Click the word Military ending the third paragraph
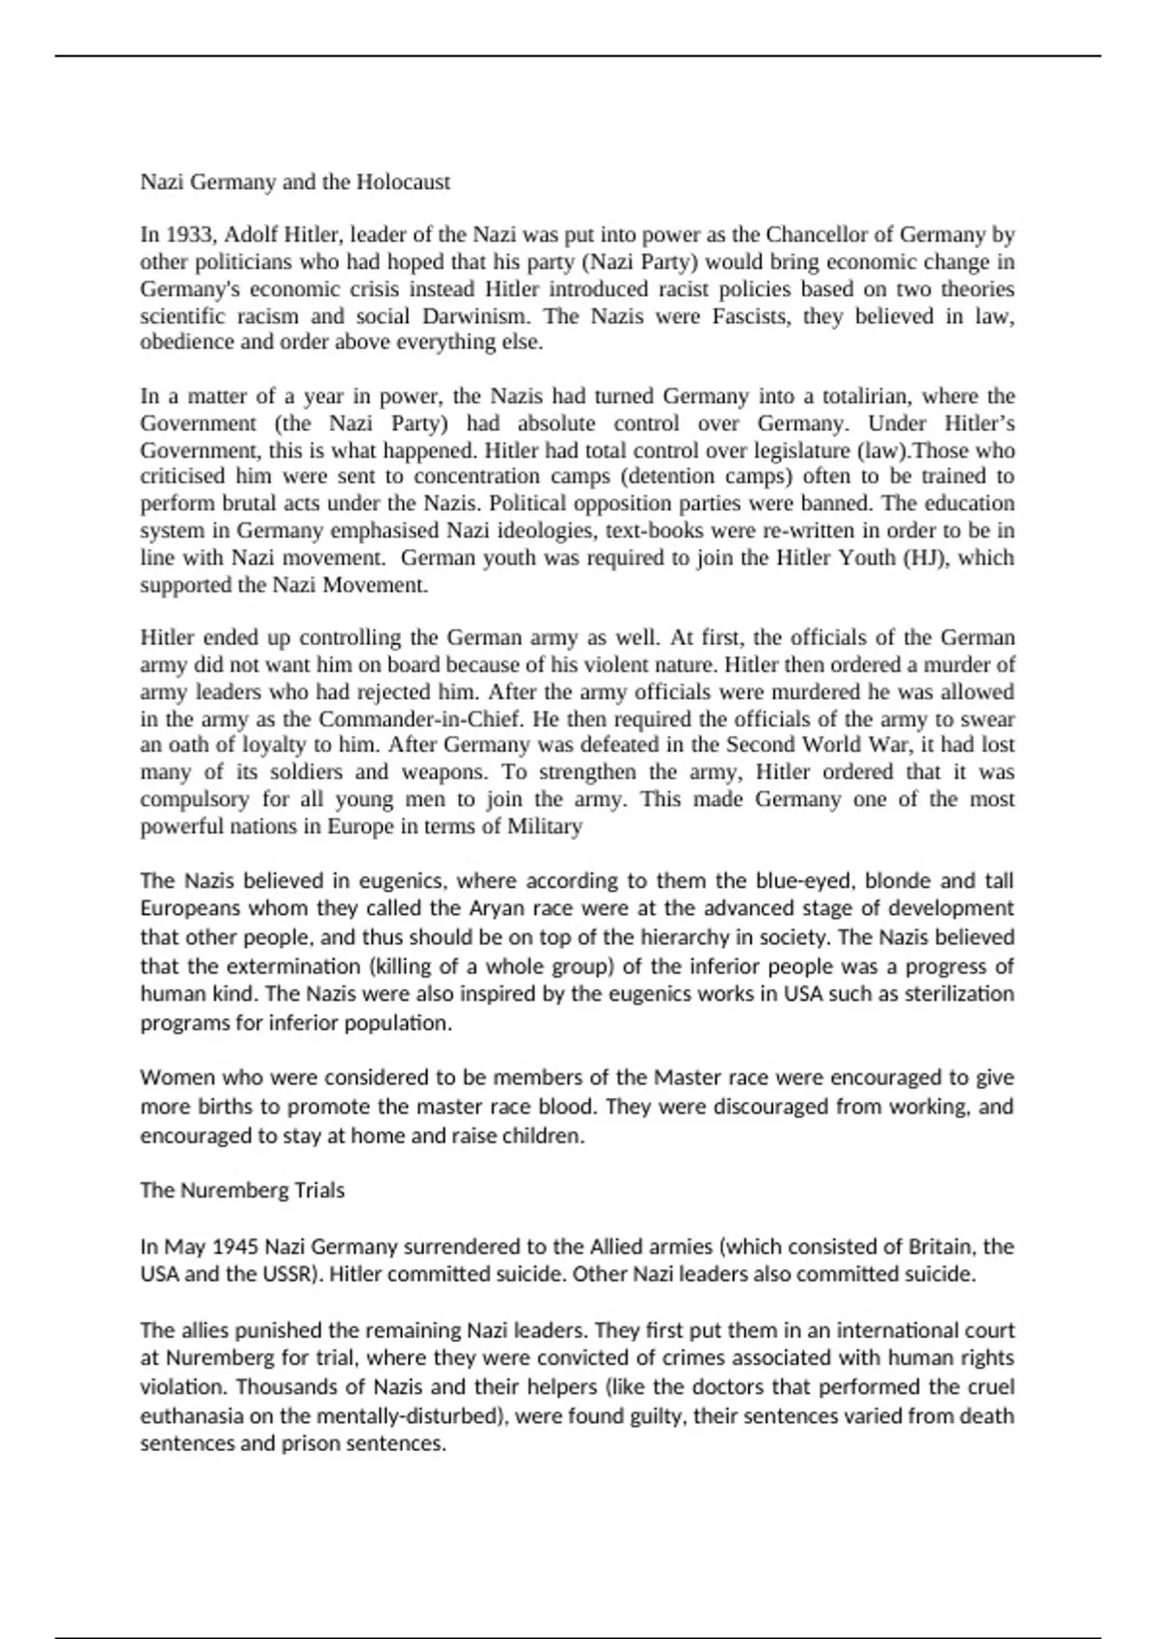point(545,826)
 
